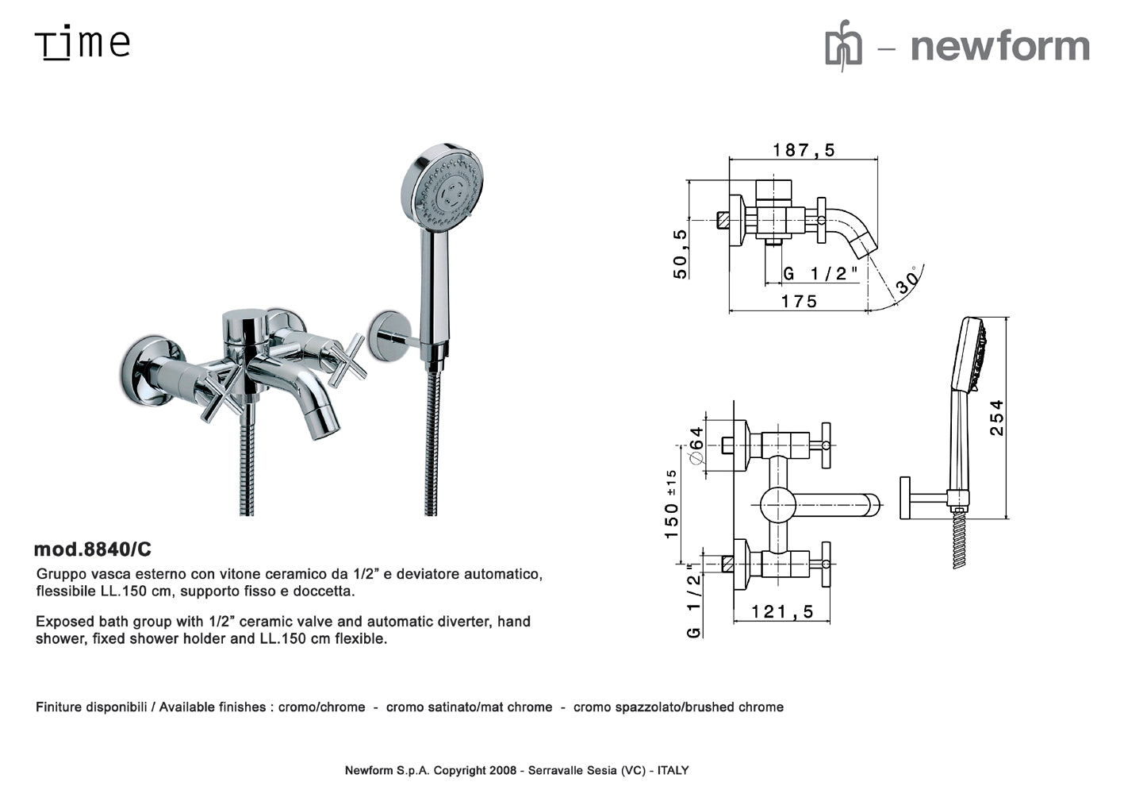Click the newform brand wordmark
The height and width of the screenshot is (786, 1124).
(999, 45)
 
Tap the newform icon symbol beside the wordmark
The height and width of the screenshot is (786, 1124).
(843, 47)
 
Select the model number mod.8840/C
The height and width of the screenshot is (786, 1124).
(93, 549)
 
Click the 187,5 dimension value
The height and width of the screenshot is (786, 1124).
(804, 150)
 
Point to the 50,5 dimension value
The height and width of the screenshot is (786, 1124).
(681, 254)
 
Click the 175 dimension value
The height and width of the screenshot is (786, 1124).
(799, 302)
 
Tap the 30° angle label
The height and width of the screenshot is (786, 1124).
(907, 281)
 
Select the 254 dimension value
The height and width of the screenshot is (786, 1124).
(996, 417)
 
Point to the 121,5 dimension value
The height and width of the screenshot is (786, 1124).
(783, 611)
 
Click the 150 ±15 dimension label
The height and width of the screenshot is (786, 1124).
(671, 504)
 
